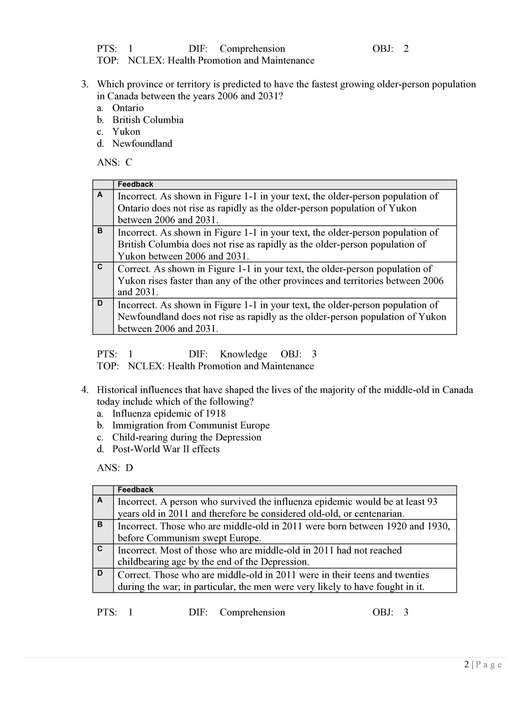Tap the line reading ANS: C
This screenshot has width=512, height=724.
pyautogui.click(x=115, y=162)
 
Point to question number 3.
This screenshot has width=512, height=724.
pyautogui.click(x=85, y=84)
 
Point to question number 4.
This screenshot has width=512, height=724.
pyautogui.click(x=85, y=390)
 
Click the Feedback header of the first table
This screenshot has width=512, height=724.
pyautogui.click(x=135, y=184)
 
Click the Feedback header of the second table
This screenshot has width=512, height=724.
pyautogui.click(x=135, y=490)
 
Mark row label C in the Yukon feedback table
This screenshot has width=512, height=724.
pyautogui.click(x=100, y=267)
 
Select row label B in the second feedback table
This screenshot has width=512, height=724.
pyautogui.click(x=100, y=525)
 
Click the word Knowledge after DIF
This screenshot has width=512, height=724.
pyautogui.click(x=243, y=354)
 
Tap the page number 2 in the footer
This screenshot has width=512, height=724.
pyautogui.click(x=466, y=664)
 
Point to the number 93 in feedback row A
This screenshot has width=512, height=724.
pyautogui.click(x=432, y=502)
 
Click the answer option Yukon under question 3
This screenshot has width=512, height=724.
pyautogui.click(x=126, y=132)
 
